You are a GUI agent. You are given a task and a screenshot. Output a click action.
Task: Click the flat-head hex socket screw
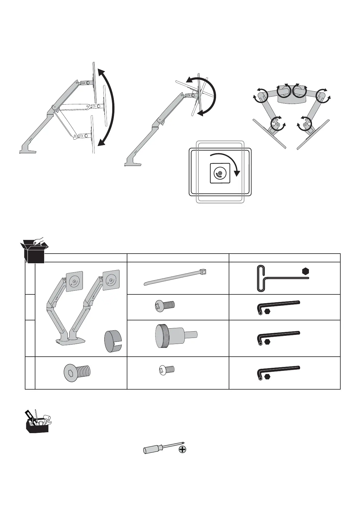pyautogui.click(x=77, y=371)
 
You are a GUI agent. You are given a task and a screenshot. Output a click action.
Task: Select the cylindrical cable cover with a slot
pyautogui.click(x=113, y=341)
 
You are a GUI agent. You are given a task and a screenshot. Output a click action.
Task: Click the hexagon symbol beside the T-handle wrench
pyautogui.click(x=306, y=271)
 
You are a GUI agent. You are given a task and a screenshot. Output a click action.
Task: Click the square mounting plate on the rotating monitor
pyautogui.click(x=220, y=173)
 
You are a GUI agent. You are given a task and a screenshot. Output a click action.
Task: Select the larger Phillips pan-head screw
pyautogui.click(x=165, y=305)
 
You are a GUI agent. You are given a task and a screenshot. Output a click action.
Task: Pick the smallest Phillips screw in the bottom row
pyautogui.click(x=167, y=369)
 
